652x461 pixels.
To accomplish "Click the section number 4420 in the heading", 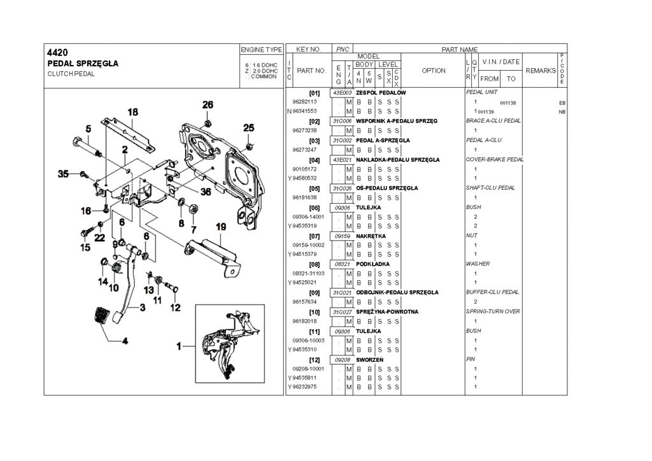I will pyautogui.click(x=58, y=52).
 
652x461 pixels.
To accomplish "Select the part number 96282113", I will pyautogui.click(x=305, y=102).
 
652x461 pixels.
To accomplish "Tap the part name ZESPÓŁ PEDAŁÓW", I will pyautogui.click(x=381, y=93).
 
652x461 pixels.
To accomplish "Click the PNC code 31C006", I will pyautogui.click(x=341, y=121).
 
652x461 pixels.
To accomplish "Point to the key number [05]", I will pyautogui.click(x=314, y=188).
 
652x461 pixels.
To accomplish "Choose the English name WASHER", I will pyautogui.click(x=478, y=264).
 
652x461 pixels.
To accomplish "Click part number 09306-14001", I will pyautogui.click(x=308, y=216).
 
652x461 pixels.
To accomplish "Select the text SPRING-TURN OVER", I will pyautogui.click(x=493, y=311).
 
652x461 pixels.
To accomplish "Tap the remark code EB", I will pyautogui.click(x=562, y=103).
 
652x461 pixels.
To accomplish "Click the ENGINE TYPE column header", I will pyautogui.click(x=261, y=50).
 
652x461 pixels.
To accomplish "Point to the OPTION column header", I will pyautogui.click(x=434, y=71).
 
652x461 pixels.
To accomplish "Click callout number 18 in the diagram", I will pyautogui.click(x=132, y=113).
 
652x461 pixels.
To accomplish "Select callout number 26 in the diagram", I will pyautogui.click(x=208, y=104).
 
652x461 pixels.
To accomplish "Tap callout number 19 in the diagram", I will pyautogui.click(x=220, y=227).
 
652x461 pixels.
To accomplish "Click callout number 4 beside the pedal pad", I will pyautogui.click(x=125, y=340).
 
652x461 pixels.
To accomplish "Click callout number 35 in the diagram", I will pyautogui.click(x=63, y=174).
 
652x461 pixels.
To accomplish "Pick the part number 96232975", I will pyautogui.click(x=305, y=387).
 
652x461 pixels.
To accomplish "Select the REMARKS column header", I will pyautogui.click(x=541, y=71).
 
